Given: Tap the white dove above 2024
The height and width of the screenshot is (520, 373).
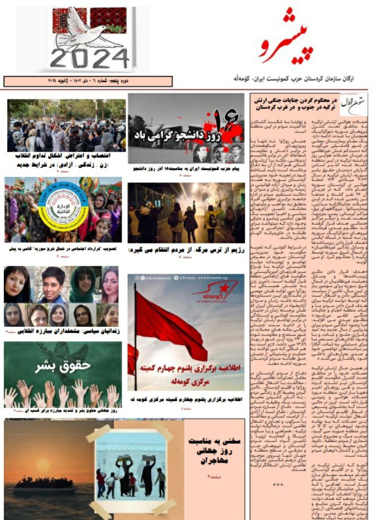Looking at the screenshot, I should (90, 26).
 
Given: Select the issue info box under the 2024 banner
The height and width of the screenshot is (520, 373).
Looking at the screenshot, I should (88, 81).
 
